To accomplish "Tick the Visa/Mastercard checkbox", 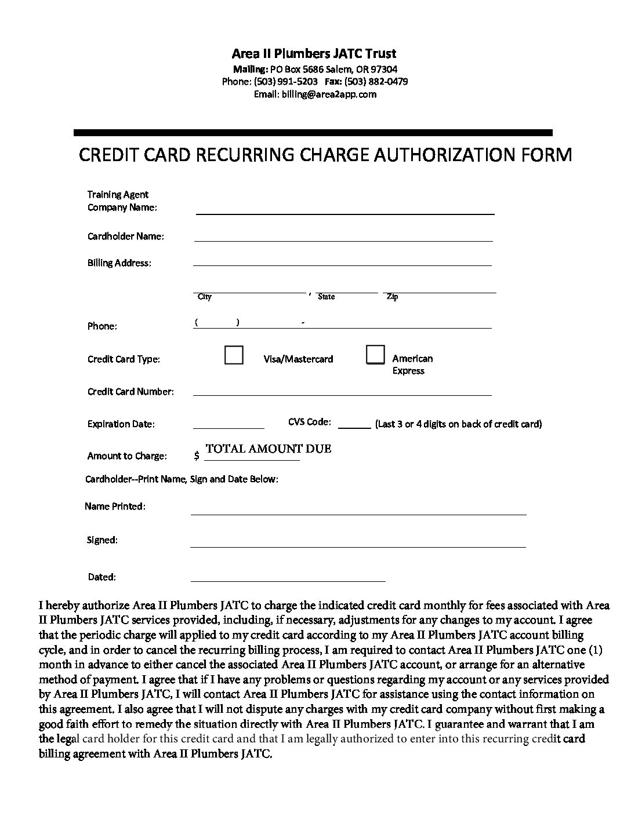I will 234,355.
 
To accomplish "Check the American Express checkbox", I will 375,355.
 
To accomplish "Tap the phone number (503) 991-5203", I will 286,82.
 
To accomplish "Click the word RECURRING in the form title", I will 245,155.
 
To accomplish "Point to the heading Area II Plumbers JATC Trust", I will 314,54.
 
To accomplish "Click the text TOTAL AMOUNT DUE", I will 269,449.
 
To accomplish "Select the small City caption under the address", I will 205,297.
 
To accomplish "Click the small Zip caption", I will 393,297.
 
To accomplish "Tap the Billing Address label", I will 119,263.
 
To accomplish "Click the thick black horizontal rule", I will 313,133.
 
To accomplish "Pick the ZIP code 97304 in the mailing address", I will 384,70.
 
